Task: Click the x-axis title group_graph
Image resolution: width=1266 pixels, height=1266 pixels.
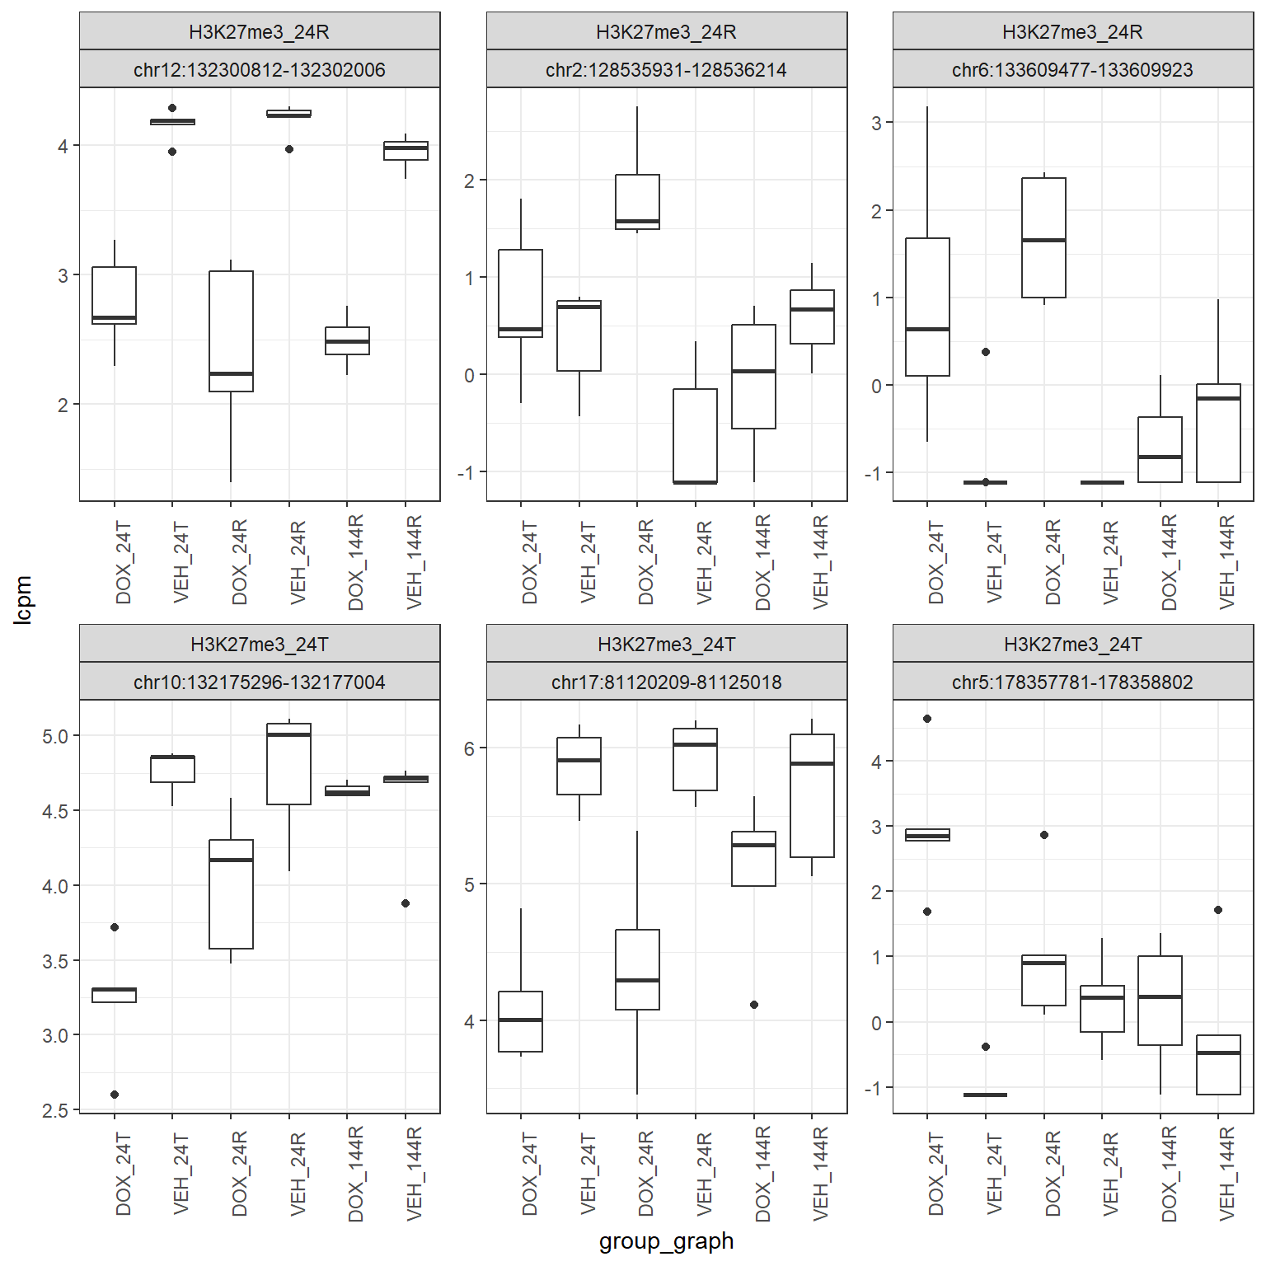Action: pyautogui.click(x=666, y=1240)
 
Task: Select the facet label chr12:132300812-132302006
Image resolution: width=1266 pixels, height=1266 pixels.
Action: pyautogui.click(x=260, y=69)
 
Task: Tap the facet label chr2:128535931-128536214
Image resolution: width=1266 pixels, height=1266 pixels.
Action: pyautogui.click(x=666, y=69)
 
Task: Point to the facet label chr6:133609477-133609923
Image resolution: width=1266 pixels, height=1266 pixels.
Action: pyautogui.click(x=1072, y=69)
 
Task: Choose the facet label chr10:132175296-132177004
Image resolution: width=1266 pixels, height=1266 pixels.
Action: pyautogui.click(x=260, y=682)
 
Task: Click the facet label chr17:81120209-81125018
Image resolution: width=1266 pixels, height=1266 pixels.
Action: pyautogui.click(x=666, y=682)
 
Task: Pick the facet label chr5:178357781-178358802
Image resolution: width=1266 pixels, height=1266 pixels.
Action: pyautogui.click(x=1072, y=682)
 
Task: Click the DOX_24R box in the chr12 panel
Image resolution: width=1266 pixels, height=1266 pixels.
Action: pyautogui.click(x=231, y=331)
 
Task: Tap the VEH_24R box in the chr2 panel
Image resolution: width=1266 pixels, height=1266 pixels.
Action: pyautogui.click(x=695, y=435)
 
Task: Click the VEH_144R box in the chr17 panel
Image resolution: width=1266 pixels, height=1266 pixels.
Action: pyautogui.click(x=812, y=795)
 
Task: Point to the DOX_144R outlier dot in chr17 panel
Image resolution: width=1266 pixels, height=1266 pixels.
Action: pyautogui.click(x=754, y=1005)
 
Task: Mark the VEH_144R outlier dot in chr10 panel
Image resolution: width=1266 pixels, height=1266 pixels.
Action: pyautogui.click(x=406, y=903)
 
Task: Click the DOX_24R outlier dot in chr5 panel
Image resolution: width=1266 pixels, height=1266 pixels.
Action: pyautogui.click(x=1044, y=835)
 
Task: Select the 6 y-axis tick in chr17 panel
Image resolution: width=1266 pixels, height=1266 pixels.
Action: pyautogui.click(x=469, y=748)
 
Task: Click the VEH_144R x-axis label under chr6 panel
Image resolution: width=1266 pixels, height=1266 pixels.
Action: pyautogui.click(x=1227, y=562)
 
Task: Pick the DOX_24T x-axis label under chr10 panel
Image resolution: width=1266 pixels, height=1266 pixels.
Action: pyautogui.click(x=124, y=1174)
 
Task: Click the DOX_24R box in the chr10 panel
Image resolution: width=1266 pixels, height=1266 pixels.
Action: pyautogui.click(x=231, y=893)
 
